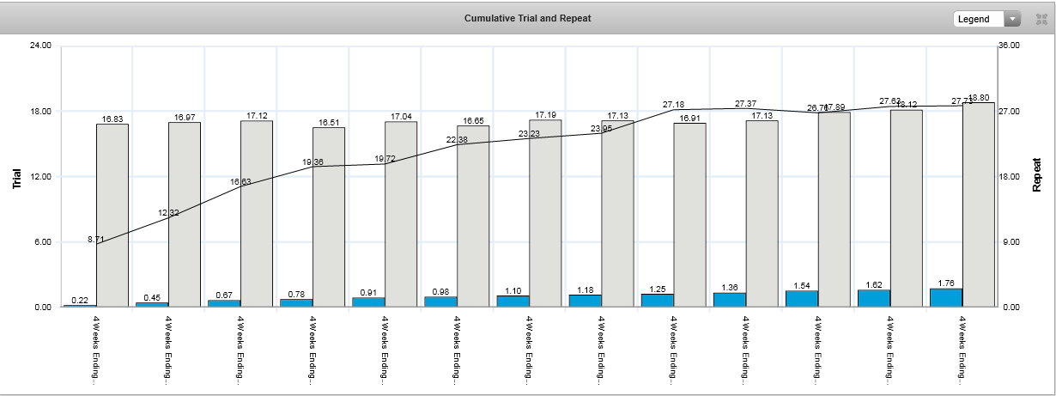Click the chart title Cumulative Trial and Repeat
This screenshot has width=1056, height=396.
tap(527, 18)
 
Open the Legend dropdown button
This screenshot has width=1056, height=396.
tap(986, 19)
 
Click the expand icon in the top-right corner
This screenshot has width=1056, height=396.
tap(1041, 19)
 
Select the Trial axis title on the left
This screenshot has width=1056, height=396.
tap(16, 178)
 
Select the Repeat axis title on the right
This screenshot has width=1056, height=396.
tap(1037, 174)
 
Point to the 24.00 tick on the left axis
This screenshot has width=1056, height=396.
tap(39, 46)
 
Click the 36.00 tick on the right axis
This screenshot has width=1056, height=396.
tap(1009, 46)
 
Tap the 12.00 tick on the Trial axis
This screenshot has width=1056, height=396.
tap(39, 177)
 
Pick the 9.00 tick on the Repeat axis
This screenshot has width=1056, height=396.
tap(1009, 242)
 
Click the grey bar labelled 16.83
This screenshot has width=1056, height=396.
tap(112, 215)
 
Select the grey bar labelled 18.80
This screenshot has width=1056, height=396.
tap(978, 204)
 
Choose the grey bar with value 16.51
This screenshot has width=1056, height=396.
tap(329, 216)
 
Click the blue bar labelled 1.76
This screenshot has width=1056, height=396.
tap(945, 297)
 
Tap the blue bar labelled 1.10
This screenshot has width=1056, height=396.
tap(513, 301)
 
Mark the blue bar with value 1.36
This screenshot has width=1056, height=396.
tap(729, 300)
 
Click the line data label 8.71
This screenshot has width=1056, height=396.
tap(96, 238)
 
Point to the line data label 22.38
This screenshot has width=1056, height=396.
tap(456, 139)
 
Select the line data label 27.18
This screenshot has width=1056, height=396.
tap(673, 104)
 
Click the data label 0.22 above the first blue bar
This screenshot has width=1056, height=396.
tap(80, 300)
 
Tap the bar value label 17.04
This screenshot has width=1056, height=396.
tap(401, 116)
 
